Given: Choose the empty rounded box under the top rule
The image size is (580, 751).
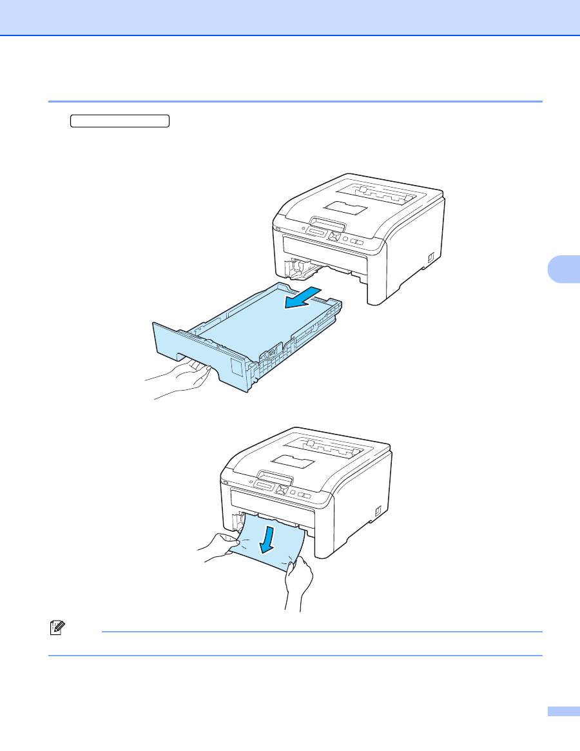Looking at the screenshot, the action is click(120, 121).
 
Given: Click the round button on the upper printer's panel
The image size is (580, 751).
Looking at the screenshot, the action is click(346, 240).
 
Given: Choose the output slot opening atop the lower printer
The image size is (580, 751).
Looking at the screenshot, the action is click(335, 447).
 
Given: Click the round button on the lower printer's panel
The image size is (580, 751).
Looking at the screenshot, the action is click(293, 493).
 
